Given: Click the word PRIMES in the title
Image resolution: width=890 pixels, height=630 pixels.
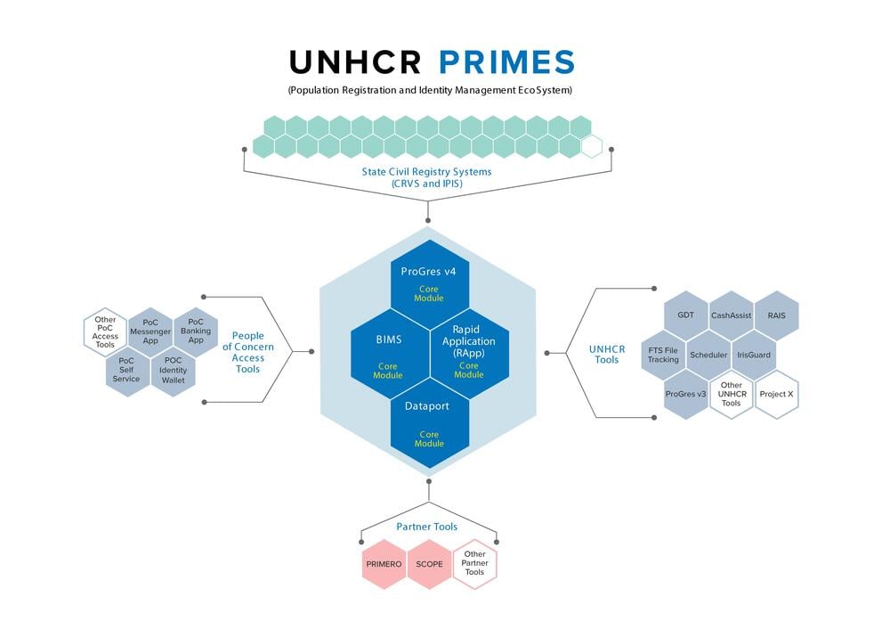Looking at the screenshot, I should pos(506,62).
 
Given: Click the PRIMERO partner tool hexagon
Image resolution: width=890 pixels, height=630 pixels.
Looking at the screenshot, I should pos(384,564).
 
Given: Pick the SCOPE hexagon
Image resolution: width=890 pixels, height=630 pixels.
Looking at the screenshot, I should pos(430,564).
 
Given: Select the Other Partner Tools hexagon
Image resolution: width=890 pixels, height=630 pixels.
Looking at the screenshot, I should pos(475,564).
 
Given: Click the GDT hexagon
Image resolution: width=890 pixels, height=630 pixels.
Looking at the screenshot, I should pos(685,315).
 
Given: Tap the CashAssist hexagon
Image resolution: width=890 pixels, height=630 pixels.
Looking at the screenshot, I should pos(731,315).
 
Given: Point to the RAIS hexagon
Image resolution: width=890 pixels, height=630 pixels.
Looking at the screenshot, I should pos(776,315).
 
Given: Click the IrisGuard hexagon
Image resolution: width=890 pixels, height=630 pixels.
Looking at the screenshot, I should pos(754,355).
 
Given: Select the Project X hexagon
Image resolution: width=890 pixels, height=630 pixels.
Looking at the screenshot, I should pos(776,394).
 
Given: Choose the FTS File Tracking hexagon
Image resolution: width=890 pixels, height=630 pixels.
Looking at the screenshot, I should pos(663,355).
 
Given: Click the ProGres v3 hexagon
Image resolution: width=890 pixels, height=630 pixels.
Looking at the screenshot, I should pos(685,394).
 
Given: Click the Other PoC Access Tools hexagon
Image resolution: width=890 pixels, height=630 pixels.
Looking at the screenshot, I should pos(105,332).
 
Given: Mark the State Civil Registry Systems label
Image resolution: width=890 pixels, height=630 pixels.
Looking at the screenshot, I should pos(426,176).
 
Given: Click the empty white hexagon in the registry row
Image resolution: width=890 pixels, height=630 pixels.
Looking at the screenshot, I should pos(592,146).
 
